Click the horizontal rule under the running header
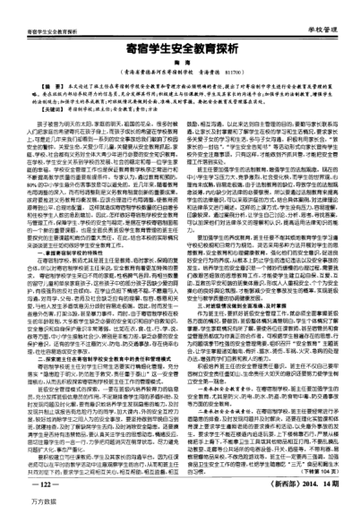tap(180, 14)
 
